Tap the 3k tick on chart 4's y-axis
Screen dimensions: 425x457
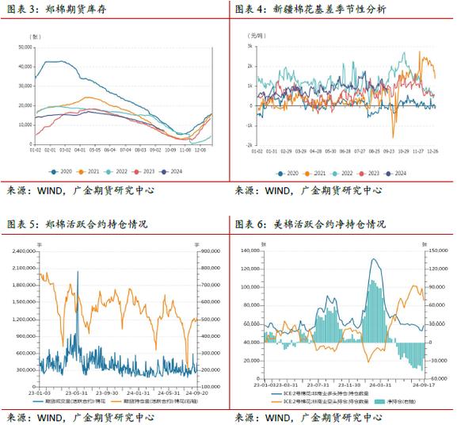point(246,46)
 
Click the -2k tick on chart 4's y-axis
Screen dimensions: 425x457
point(246,146)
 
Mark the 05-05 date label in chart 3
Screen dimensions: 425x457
point(95,149)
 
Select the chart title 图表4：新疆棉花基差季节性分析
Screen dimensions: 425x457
point(310,9)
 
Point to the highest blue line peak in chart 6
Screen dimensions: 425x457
point(372,260)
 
